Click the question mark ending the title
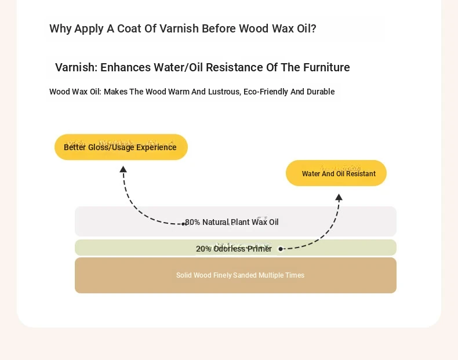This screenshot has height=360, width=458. (x=314, y=28)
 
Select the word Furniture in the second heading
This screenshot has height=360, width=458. (x=326, y=67)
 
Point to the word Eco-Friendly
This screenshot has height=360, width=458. (x=266, y=92)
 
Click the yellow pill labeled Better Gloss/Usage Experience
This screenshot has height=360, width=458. (x=121, y=147)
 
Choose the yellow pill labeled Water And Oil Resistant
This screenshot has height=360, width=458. (x=336, y=173)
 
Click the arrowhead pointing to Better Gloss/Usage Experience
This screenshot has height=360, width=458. (x=123, y=169)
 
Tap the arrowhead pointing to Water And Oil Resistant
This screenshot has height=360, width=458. (x=339, y=197)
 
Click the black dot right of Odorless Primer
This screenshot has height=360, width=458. (x=281, y=249)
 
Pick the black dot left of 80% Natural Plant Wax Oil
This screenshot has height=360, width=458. (x=183, y=224)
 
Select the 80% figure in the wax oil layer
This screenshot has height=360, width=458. (x=192, y=222)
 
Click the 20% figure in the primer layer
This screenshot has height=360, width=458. (x=203, y=249)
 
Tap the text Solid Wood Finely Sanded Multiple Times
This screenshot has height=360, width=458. (x=240, y=275)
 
